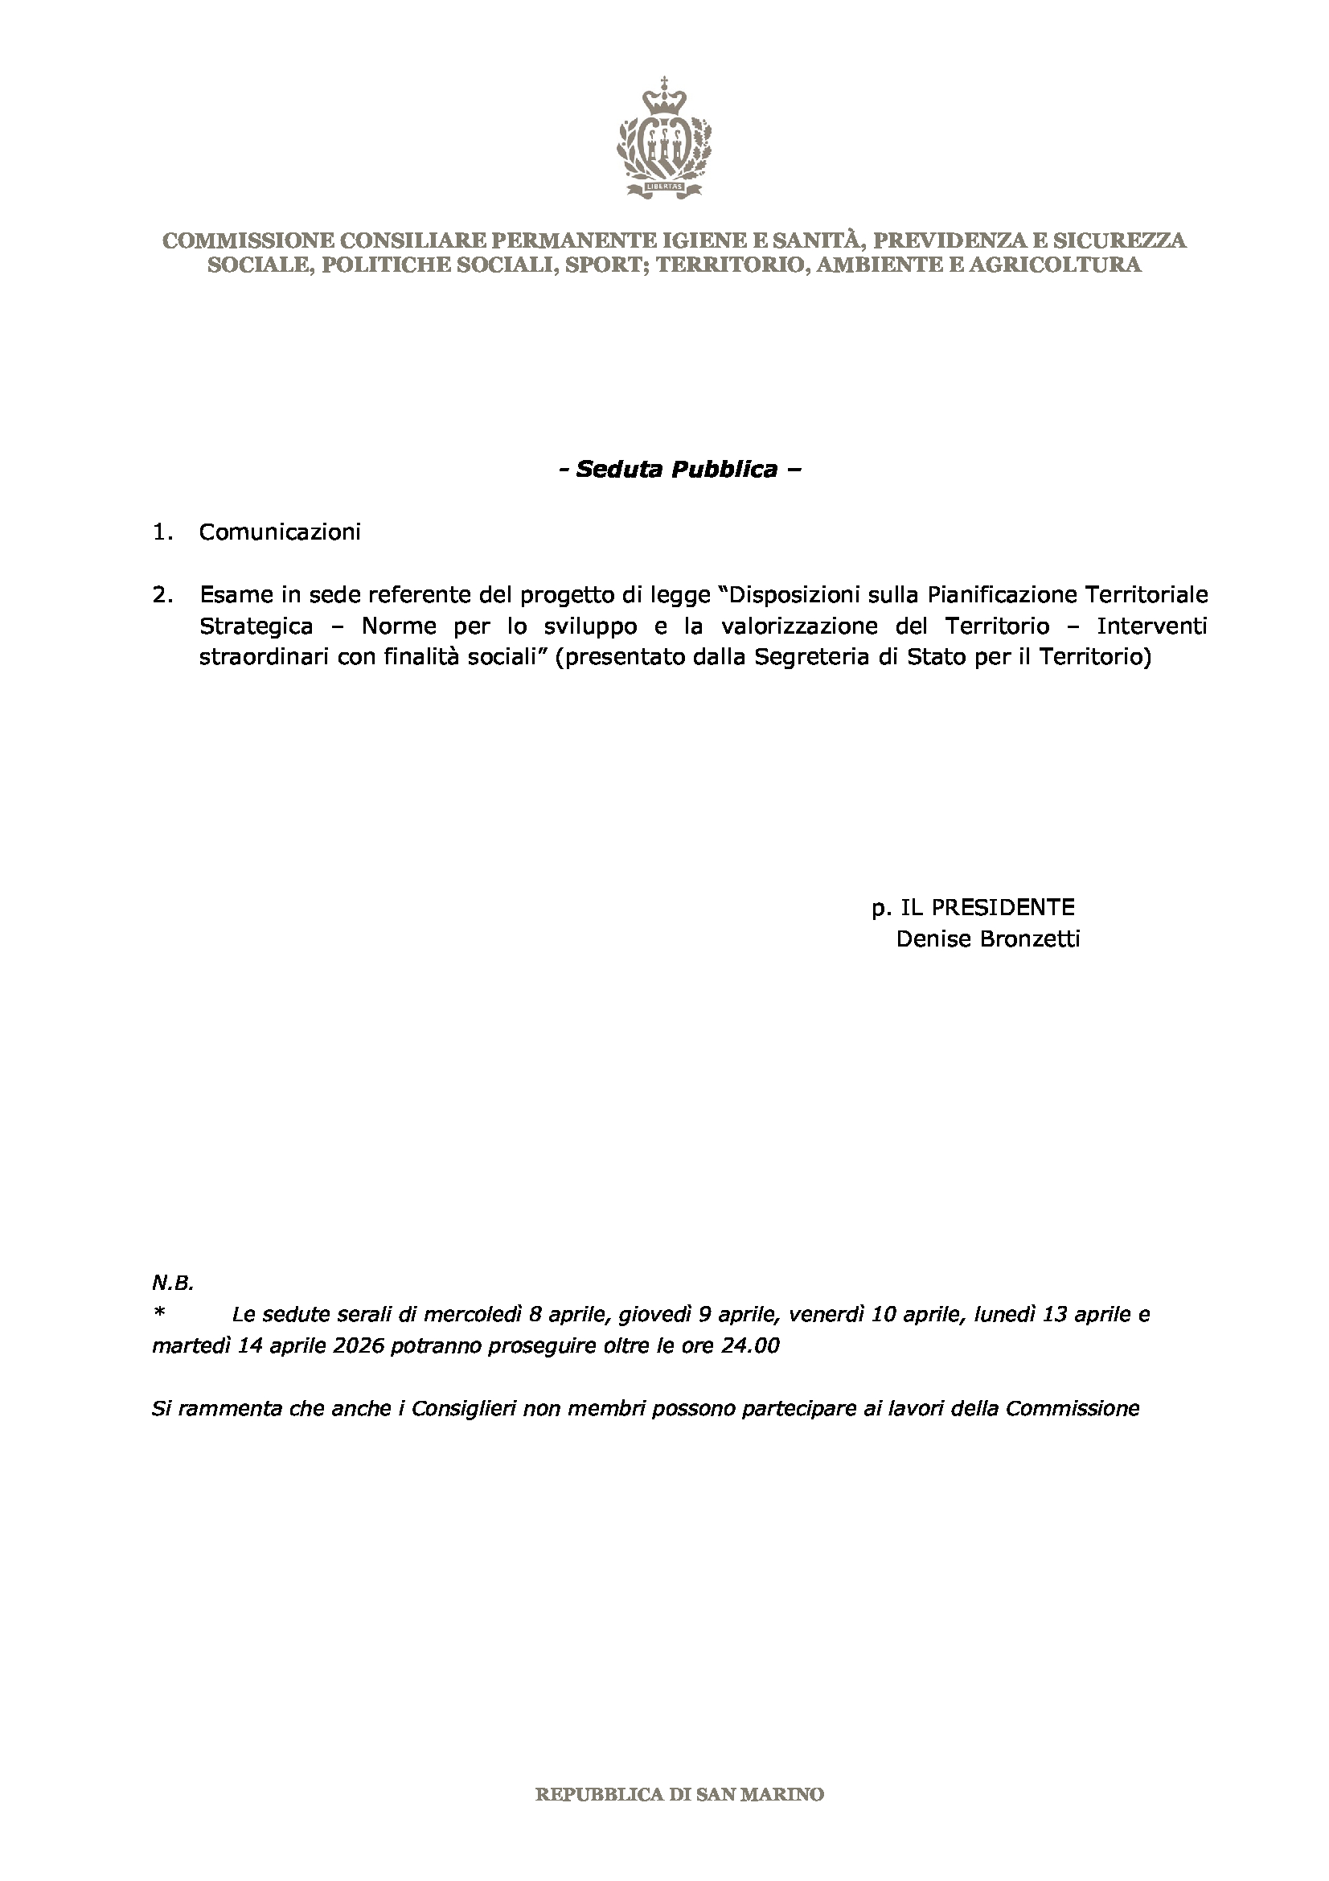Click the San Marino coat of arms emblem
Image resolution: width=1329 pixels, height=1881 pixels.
point(664,139)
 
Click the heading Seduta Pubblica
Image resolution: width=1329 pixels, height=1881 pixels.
point(676,470)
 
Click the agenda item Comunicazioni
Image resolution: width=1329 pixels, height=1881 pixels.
point(279,532)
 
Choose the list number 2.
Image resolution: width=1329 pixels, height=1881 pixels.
point(162,594)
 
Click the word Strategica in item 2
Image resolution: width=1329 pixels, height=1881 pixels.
point(256,626)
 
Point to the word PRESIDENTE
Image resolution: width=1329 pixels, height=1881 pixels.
point(987,907)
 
